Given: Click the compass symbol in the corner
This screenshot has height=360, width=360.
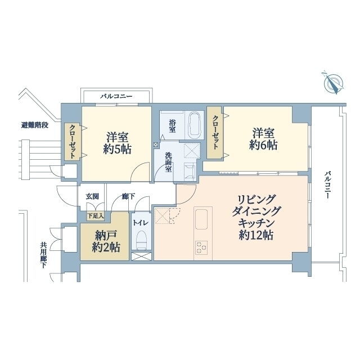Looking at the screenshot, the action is [334, 83].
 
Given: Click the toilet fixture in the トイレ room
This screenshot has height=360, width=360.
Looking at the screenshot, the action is [141, 240].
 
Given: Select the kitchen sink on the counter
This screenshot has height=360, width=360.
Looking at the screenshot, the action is [201, 219].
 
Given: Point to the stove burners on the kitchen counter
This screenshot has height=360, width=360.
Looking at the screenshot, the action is [201, 247].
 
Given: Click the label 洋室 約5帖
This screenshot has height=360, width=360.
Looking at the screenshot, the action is [118, 143].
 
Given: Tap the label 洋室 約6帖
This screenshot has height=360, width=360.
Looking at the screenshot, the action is [263, 139].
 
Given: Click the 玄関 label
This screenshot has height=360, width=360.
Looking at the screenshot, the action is [92, 196].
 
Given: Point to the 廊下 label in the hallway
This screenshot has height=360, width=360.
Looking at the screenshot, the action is [129, 196].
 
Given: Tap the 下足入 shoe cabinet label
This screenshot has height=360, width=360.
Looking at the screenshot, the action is [96, 215].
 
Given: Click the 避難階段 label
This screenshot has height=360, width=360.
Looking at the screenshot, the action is [35, 125].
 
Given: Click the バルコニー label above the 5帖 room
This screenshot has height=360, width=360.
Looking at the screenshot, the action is [116, 96].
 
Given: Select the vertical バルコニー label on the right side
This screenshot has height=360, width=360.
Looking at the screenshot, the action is [327, 184].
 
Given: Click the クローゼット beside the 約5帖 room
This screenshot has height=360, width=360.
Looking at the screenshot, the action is [73, 142].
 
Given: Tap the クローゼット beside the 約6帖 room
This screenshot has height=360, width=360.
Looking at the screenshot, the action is [215, 133].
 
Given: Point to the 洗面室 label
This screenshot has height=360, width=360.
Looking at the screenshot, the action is [169, 163].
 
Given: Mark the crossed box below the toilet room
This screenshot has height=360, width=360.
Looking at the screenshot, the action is [141, 256].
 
